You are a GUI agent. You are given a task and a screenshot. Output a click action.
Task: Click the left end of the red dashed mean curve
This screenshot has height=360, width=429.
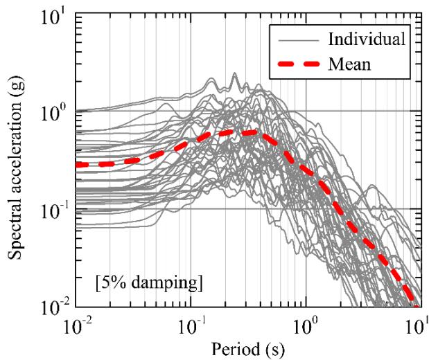tap(78, 165)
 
